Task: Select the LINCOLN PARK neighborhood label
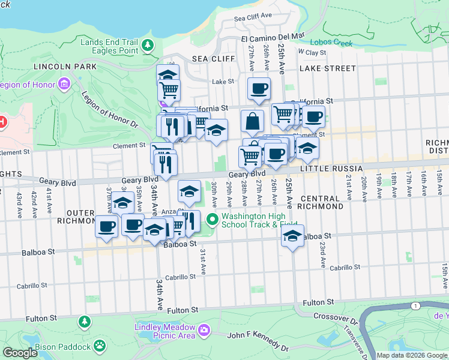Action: coord(57,66)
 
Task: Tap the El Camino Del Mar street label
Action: coord(273,38)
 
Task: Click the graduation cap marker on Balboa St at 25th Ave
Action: coord(292,236)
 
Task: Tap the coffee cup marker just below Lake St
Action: coord(259,89)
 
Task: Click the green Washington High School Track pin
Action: coord(212,218)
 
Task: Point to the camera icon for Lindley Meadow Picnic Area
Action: coord(204,330)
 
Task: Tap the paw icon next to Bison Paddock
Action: coord(100,347)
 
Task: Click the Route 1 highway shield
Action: coord(415,307)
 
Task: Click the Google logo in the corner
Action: coord(20,353)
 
